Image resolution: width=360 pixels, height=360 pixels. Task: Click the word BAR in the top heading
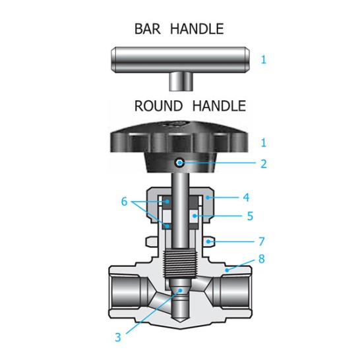(148, 29)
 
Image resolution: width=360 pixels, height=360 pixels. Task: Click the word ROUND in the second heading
(158, 106)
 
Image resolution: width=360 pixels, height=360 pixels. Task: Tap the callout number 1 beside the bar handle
(264, 60)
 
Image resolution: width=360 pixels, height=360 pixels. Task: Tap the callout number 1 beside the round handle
(264, 142)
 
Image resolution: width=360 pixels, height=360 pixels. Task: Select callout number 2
(264, 164)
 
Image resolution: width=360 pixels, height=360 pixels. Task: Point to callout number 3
(118, 338)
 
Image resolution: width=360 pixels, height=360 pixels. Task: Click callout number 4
(246, 197)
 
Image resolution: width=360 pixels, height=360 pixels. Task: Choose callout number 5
(250, 216)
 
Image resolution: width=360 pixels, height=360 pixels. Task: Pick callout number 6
(124, 202)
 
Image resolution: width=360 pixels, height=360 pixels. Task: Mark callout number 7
(262, 241)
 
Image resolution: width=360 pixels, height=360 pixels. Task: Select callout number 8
(262, 258)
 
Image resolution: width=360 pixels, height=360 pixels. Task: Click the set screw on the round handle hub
(179, 163)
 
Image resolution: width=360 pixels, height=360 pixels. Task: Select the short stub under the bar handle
(180, 82)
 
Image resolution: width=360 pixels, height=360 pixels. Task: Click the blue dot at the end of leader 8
(227, 270)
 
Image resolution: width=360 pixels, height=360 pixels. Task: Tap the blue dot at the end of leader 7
(208, 241)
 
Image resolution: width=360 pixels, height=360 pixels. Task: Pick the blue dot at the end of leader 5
(195, 216)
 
